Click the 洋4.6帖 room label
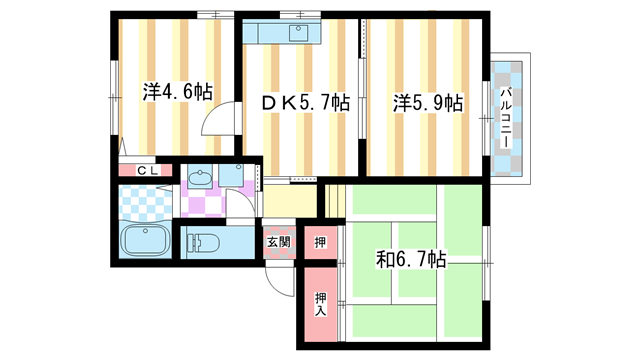pyautogui.click(x=178, y=92)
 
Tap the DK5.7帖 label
pyautogui.click(x=305, y=103)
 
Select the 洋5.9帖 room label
pyautogui.click(x=428, y=103)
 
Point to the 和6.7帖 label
pyautogui.click(x=411, y=259)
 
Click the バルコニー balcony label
pyautogui.click(x=506, y=118)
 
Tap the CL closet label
pyautogui.click(x=147, y=171)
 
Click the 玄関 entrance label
pyautogui.click(x=279, y=242)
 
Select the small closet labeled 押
pyautogui.click(x=320, y=242)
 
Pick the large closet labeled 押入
pyautogui.click(x=320, y=304)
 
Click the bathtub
pyautogui.click(x=146, y=240)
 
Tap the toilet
pyautogui.click(x=202, y=243)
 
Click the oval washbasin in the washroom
pyautogui.click(x=200, y=178)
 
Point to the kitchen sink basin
pyautogui.click(x=298, y=33)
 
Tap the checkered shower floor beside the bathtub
pyautogui.click(x=145, y=202)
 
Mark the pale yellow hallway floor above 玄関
pyautogui.click(x=290, y=201)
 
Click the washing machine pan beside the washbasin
pyautogui.click(x=231, y=176)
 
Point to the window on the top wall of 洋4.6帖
pyautogui.click(x=216, y=15)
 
